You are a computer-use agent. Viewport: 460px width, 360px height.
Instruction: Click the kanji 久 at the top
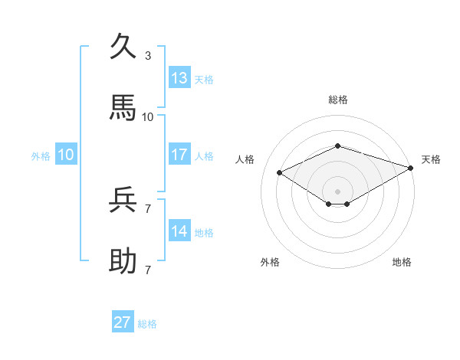coord(123,47)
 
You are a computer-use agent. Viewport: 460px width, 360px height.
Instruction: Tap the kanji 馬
coord(123,108)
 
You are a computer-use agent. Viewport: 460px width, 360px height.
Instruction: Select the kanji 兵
coord(123,201)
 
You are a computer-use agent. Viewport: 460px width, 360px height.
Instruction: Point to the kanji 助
coord(123,261)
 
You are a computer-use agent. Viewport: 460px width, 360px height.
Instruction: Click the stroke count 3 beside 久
coord(148,56)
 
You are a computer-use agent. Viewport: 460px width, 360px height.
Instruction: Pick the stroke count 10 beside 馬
coord(148,116)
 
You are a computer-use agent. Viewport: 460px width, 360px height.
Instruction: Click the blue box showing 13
coord(179,77)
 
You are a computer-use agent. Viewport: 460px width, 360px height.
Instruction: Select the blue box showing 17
coord(179,155)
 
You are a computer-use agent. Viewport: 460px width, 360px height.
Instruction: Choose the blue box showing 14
coord(179,231)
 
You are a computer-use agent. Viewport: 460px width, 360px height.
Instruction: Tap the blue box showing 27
coord(123,322)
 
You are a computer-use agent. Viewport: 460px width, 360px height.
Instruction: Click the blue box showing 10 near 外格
coord(66,155)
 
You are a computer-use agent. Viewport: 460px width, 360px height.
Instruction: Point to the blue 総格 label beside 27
coord(147,324)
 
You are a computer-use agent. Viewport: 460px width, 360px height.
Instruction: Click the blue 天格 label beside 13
coord(204,80)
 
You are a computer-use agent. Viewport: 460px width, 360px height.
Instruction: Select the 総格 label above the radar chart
coord(337,100)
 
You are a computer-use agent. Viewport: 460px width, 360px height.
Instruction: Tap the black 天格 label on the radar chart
coord(431,159)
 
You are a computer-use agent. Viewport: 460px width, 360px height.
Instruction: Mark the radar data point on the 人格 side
coord(279,172)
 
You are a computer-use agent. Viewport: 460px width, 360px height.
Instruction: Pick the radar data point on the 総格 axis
coord(337,146)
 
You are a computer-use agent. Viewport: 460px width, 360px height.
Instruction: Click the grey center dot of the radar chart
coord(337,191)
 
